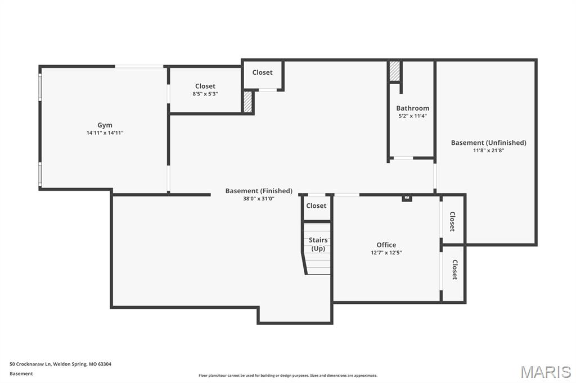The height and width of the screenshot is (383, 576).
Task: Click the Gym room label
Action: [105, 125]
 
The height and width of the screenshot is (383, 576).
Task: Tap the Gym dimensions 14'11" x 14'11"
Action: [105, 133]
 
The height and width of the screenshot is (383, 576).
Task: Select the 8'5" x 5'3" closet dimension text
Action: [205, 94]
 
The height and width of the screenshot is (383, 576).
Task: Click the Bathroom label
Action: [412, 108]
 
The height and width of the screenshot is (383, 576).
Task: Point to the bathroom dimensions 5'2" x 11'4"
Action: [412, 116]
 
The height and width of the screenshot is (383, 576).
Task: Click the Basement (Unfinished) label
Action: [488, 143]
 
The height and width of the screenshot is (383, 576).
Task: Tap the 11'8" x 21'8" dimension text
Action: [488, 151]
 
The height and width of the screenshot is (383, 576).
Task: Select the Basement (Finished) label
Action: [259, 191]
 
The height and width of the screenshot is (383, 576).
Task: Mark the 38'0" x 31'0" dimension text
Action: [259, 199]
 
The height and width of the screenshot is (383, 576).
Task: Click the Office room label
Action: [386, 245]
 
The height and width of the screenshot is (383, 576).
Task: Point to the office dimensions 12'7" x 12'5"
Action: [386, 253]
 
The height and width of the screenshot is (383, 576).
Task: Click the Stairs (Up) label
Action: [318, 244]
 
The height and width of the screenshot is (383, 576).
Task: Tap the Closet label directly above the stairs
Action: [316, 206]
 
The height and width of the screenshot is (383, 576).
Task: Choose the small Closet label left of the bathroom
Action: [262, 72]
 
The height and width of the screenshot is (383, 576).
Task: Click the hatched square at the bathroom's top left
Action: [395, 71]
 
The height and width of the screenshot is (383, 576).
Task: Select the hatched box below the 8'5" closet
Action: [247, 102]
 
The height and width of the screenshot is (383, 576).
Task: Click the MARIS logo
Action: [546, 372]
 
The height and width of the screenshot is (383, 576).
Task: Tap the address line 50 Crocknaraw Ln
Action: [60, 364]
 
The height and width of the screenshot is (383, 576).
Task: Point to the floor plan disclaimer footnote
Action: [288, 376]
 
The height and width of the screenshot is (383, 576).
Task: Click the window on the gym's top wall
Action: [139, 66]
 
